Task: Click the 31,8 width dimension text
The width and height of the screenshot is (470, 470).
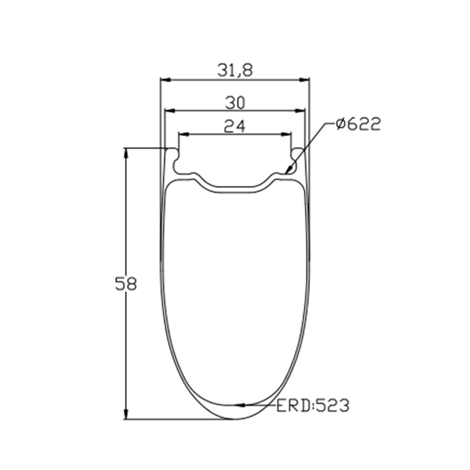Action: [x=235, y=70]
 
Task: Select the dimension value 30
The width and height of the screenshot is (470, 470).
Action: [x=235, y=103]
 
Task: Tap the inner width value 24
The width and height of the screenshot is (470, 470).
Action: [x=234, y=126]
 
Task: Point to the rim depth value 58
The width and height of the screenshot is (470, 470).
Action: [x=126, y=284]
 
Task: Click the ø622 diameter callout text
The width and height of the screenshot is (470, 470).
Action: [x=358, y=123]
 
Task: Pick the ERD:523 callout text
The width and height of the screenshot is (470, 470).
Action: [x=313, y=405]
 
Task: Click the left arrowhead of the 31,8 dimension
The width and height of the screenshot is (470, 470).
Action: [x=165, y=80]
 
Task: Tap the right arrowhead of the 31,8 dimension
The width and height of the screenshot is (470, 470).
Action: [x=304, y=80]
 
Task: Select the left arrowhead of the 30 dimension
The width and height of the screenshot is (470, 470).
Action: [x=170, y=111]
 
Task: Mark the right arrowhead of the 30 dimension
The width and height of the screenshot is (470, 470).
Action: [x=300, y=111]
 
